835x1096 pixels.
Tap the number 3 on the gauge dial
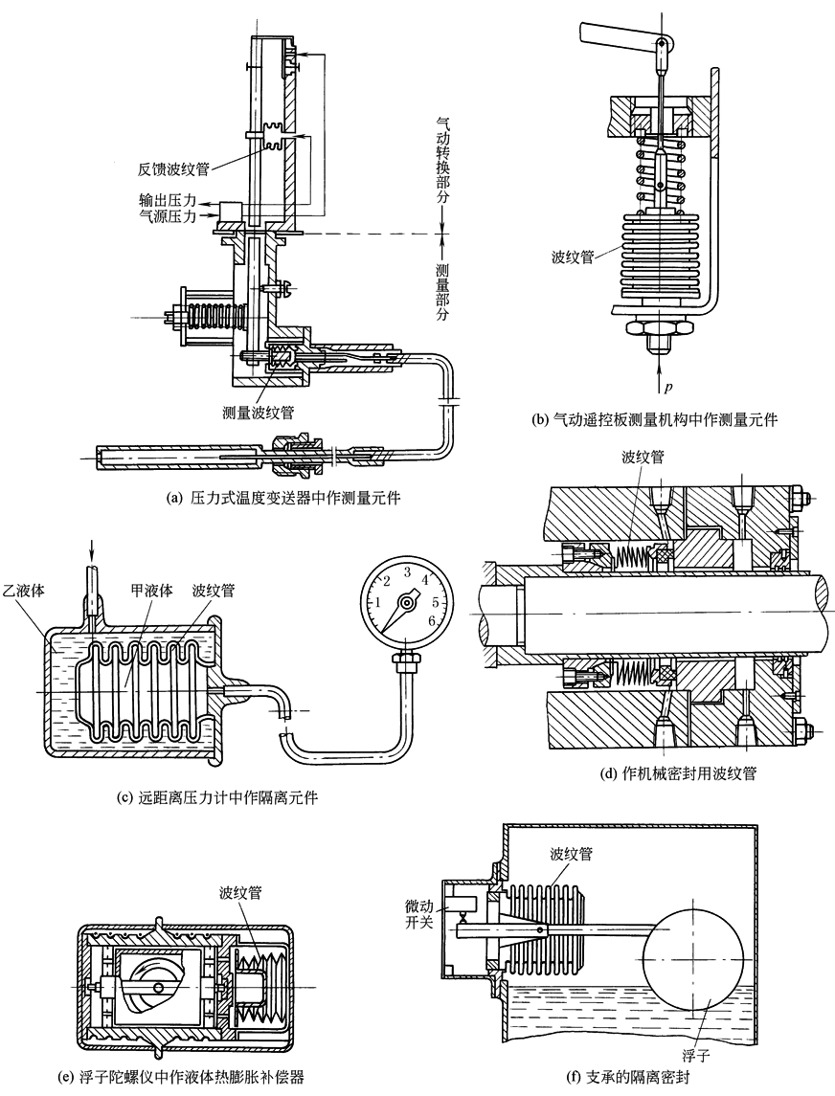[x=406, y=571]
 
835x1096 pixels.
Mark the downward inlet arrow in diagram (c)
[x=90, y=550]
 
